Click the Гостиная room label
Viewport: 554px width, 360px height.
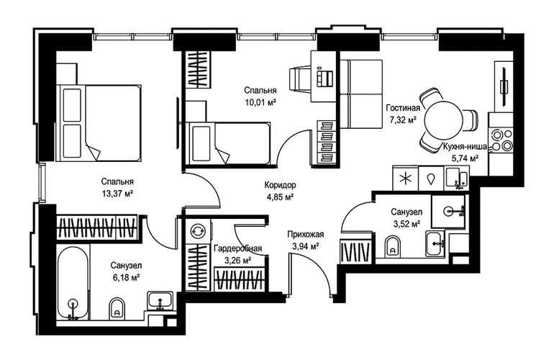click(403, 108)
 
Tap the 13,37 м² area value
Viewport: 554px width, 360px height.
click(117, 194)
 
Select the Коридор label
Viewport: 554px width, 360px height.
click(280, 184)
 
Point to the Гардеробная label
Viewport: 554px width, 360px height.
click(237, 248)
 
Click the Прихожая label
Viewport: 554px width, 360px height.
click(306, 234)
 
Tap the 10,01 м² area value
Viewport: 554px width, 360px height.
click(260, 102)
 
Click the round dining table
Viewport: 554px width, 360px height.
click(444, 120)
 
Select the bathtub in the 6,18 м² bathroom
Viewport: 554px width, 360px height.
click(73, 283)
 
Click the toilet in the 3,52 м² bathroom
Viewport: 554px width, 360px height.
click(393, 246)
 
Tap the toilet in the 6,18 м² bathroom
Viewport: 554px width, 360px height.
click(117, 309)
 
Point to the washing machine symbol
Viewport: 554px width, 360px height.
click(196, 232)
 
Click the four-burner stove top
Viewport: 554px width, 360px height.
click(501, 140)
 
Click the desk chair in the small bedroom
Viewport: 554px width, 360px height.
click(299, 80)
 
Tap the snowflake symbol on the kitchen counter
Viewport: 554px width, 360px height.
click(406, 179)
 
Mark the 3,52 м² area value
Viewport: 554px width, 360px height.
click(407, 223)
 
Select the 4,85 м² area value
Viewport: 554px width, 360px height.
click(280, 197)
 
